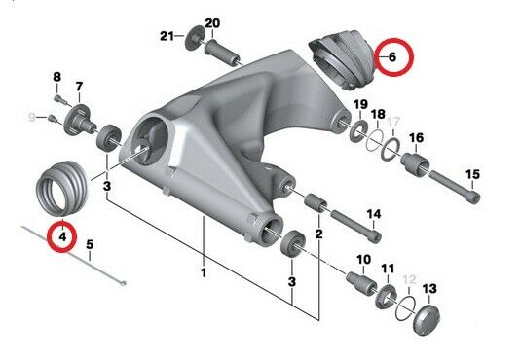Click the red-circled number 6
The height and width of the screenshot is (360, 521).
coord(391,57)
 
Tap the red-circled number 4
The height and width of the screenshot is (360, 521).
coord(62,234)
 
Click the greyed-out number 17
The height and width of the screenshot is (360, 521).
coord(394,122)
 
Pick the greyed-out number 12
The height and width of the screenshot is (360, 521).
coord(409,279)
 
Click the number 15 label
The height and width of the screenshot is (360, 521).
coord(473,175)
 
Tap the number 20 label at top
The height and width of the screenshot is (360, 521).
coord(212,23)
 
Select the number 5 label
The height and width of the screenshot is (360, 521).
coord(90,244)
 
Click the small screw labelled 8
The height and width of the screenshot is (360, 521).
coord(59,96)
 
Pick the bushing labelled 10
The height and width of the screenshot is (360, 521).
coord(359,281)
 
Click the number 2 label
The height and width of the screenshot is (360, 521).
coord(317,234)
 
